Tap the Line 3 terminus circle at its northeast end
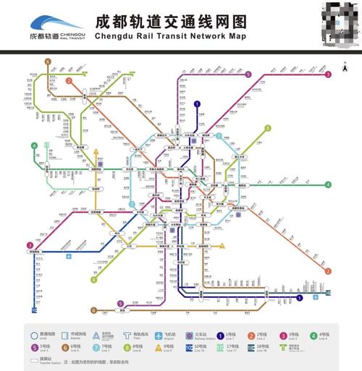pos(328,74)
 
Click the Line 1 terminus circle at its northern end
pos(197,104)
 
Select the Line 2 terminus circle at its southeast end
pos(328,271)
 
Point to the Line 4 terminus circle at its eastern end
pos(328,184)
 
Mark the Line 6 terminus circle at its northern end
pos(48,62)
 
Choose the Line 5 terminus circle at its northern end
pos(248,74)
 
